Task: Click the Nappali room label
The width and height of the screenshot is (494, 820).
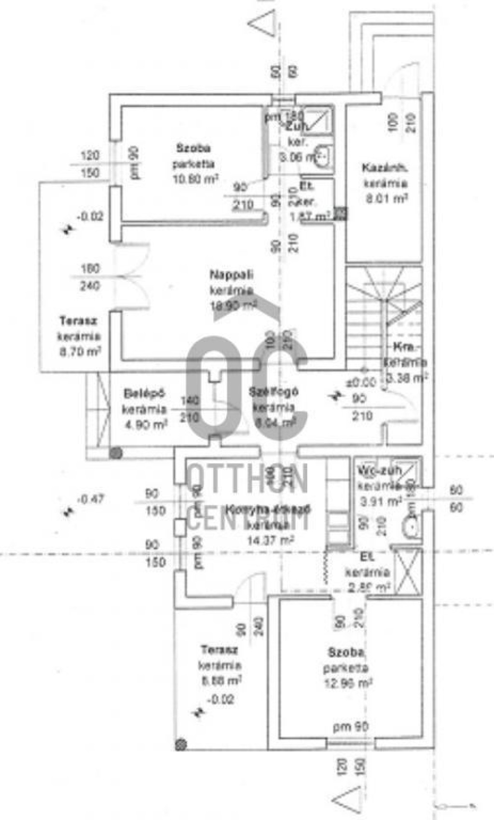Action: (x=232, y=275)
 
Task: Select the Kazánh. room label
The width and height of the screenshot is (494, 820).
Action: (x=385, y=168)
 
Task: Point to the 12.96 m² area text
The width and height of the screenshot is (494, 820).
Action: (x=348, y=683)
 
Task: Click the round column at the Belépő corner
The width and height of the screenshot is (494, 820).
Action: (x=115, y=453)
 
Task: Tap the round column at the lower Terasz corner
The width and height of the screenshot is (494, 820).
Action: (x=181, y=745)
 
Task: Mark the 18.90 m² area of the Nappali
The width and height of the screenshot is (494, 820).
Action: (x=233, y=306)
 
